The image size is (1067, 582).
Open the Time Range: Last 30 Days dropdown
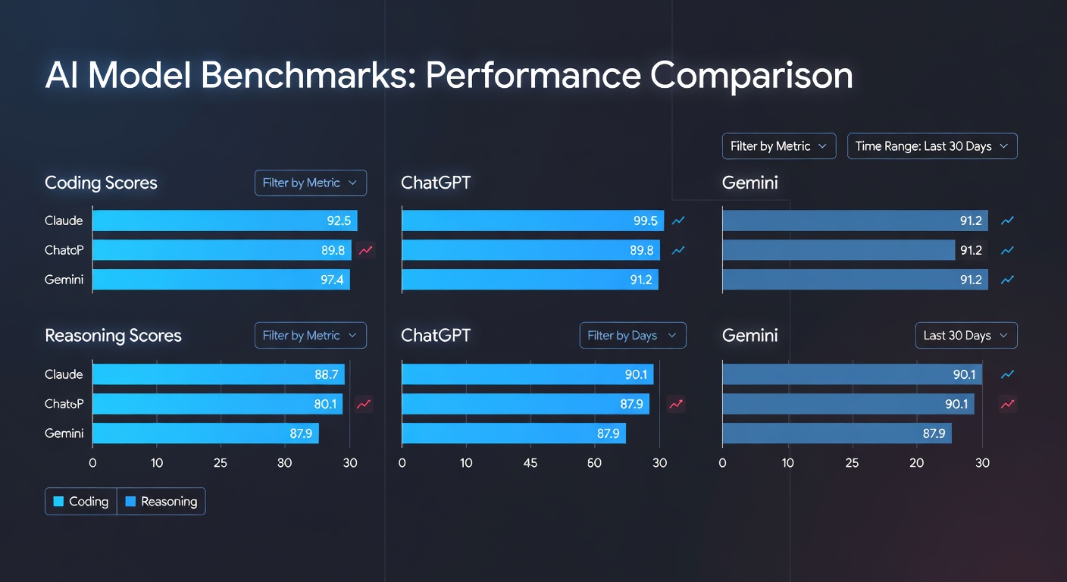[x=931, y=146]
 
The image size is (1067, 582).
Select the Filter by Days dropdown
[x=632, y=336]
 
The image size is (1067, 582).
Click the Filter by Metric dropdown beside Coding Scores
[x=310, y=183]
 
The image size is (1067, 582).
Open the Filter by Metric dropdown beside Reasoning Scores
[x=310, y=336]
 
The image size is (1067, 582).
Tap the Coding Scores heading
[x=101, y=183]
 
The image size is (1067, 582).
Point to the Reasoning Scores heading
[x=113, y=336]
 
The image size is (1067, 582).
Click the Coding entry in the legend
[x=80, y=501]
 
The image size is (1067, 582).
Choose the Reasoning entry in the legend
[x=161, y=501]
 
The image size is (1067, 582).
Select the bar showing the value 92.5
[x=224, y=221]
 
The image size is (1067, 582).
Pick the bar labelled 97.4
[x=221, y=280]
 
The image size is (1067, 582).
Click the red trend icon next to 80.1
[x=364, y=404]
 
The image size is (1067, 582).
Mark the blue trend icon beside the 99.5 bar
[x=678, y=221]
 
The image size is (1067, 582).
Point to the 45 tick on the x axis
[x=530, y=462]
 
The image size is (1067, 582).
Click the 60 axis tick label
[x=594, y=462]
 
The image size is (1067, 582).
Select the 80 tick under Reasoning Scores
[x=285, y=462]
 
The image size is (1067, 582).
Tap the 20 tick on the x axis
[x=917, y=462]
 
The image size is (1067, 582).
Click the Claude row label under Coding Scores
[x=64, y=221]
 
